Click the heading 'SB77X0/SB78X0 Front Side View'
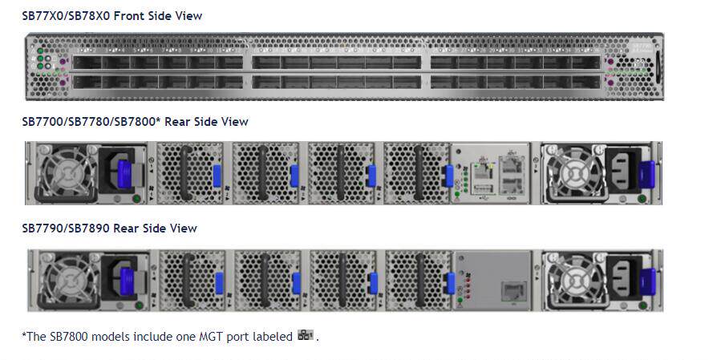point(111,15)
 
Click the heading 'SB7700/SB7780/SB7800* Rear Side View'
point(135,122)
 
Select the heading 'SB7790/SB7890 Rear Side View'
point(109,229)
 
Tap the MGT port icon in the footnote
point(306,335)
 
